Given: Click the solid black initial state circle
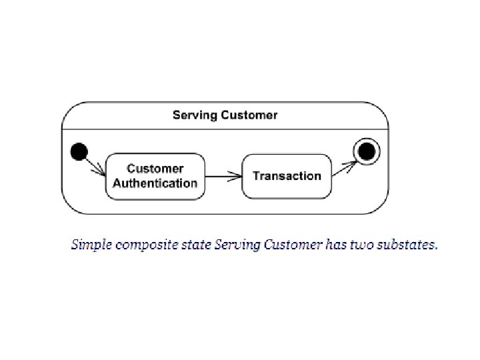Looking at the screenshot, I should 79,152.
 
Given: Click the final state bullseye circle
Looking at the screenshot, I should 367,152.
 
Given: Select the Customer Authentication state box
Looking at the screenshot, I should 155,176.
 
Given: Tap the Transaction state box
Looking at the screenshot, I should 287,176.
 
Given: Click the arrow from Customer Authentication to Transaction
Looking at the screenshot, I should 223,176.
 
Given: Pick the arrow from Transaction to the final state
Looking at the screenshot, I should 344,167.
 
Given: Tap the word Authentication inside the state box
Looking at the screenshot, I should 155,183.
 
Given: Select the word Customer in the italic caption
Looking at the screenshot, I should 294,245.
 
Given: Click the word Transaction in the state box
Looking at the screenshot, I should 287,176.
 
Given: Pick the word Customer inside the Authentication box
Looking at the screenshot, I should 155,169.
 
